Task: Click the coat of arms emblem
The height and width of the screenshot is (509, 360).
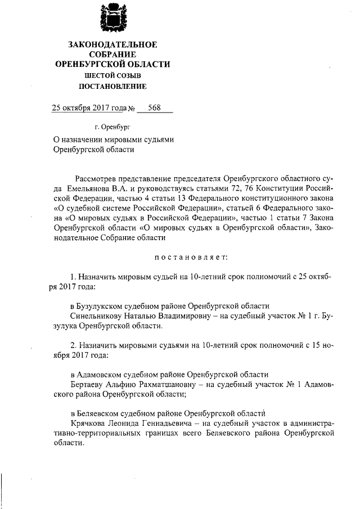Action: [112, 18]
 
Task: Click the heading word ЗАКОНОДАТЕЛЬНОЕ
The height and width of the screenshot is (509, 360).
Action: [113, 44]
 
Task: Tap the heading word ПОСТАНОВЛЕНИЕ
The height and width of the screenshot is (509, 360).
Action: [113, 87]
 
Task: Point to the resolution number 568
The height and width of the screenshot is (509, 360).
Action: [155, 108]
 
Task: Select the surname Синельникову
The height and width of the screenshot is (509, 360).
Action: [96, 316]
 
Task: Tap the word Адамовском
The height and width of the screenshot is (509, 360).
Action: [101, 375]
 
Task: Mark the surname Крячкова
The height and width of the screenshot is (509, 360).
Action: [89, 423]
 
